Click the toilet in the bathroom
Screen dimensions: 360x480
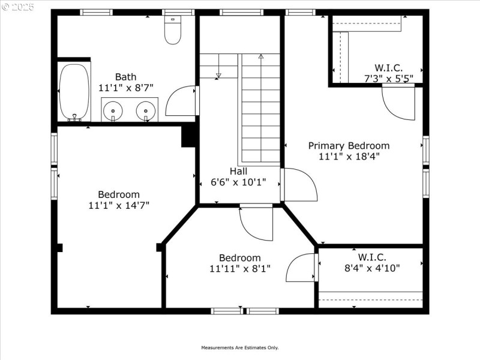(x=173, y=31)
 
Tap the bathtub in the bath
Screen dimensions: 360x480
(x=75, y=92)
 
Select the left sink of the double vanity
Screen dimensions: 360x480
(x=111, y=111)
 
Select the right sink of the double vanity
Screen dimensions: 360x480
(x=145, y=111)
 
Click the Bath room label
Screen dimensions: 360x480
(x=125, y=77)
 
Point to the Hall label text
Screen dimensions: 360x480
(x=238, y=172)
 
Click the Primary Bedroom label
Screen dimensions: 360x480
(x=349, y=146)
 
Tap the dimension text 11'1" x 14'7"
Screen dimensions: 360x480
(x=118, y=205)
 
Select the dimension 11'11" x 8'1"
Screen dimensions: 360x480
(x=239, y=269)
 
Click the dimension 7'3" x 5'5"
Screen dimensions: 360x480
(x=389, y=78)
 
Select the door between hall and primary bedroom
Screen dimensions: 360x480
(x=299, y=185)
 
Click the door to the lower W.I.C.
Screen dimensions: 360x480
(x=302, y=268)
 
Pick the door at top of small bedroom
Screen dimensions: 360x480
(x=256, y=223)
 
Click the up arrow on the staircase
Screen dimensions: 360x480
(x=261, y=57)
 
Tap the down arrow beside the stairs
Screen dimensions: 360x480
(x=218, y=74)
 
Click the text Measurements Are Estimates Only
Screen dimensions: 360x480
(x=239, y=347)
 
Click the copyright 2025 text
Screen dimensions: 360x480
(x=18, y=7)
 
